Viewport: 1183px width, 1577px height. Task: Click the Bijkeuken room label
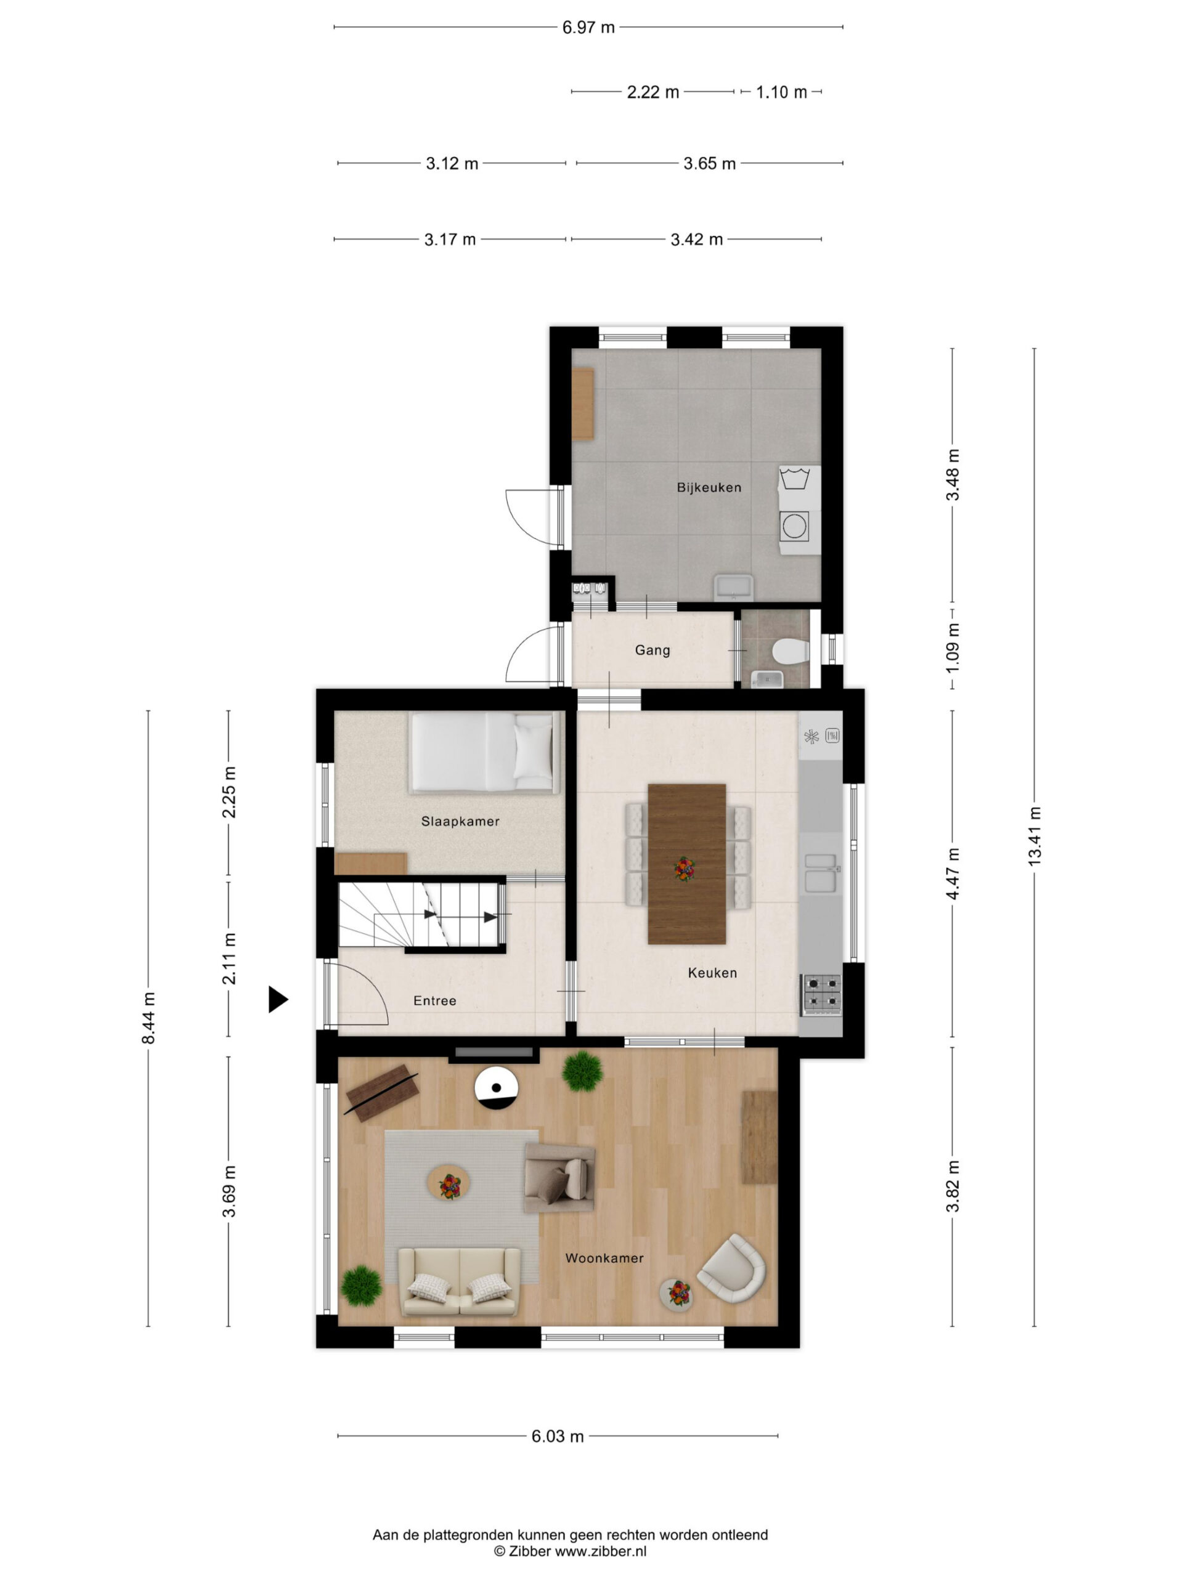708,488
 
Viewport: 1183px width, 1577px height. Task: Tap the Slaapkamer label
460,821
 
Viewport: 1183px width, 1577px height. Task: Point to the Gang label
652,650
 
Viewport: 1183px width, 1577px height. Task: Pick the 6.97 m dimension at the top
588,28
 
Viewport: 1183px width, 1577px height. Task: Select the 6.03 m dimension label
558,1436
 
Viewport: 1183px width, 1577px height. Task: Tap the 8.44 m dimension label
148,1018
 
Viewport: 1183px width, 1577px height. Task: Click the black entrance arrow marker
277,1000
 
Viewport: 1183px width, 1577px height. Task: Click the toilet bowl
790,650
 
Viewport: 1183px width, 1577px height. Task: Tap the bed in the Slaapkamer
484,753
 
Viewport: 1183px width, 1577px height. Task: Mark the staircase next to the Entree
421,916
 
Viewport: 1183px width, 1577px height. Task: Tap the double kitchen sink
820,873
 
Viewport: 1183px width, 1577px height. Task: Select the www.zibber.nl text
601,1551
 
